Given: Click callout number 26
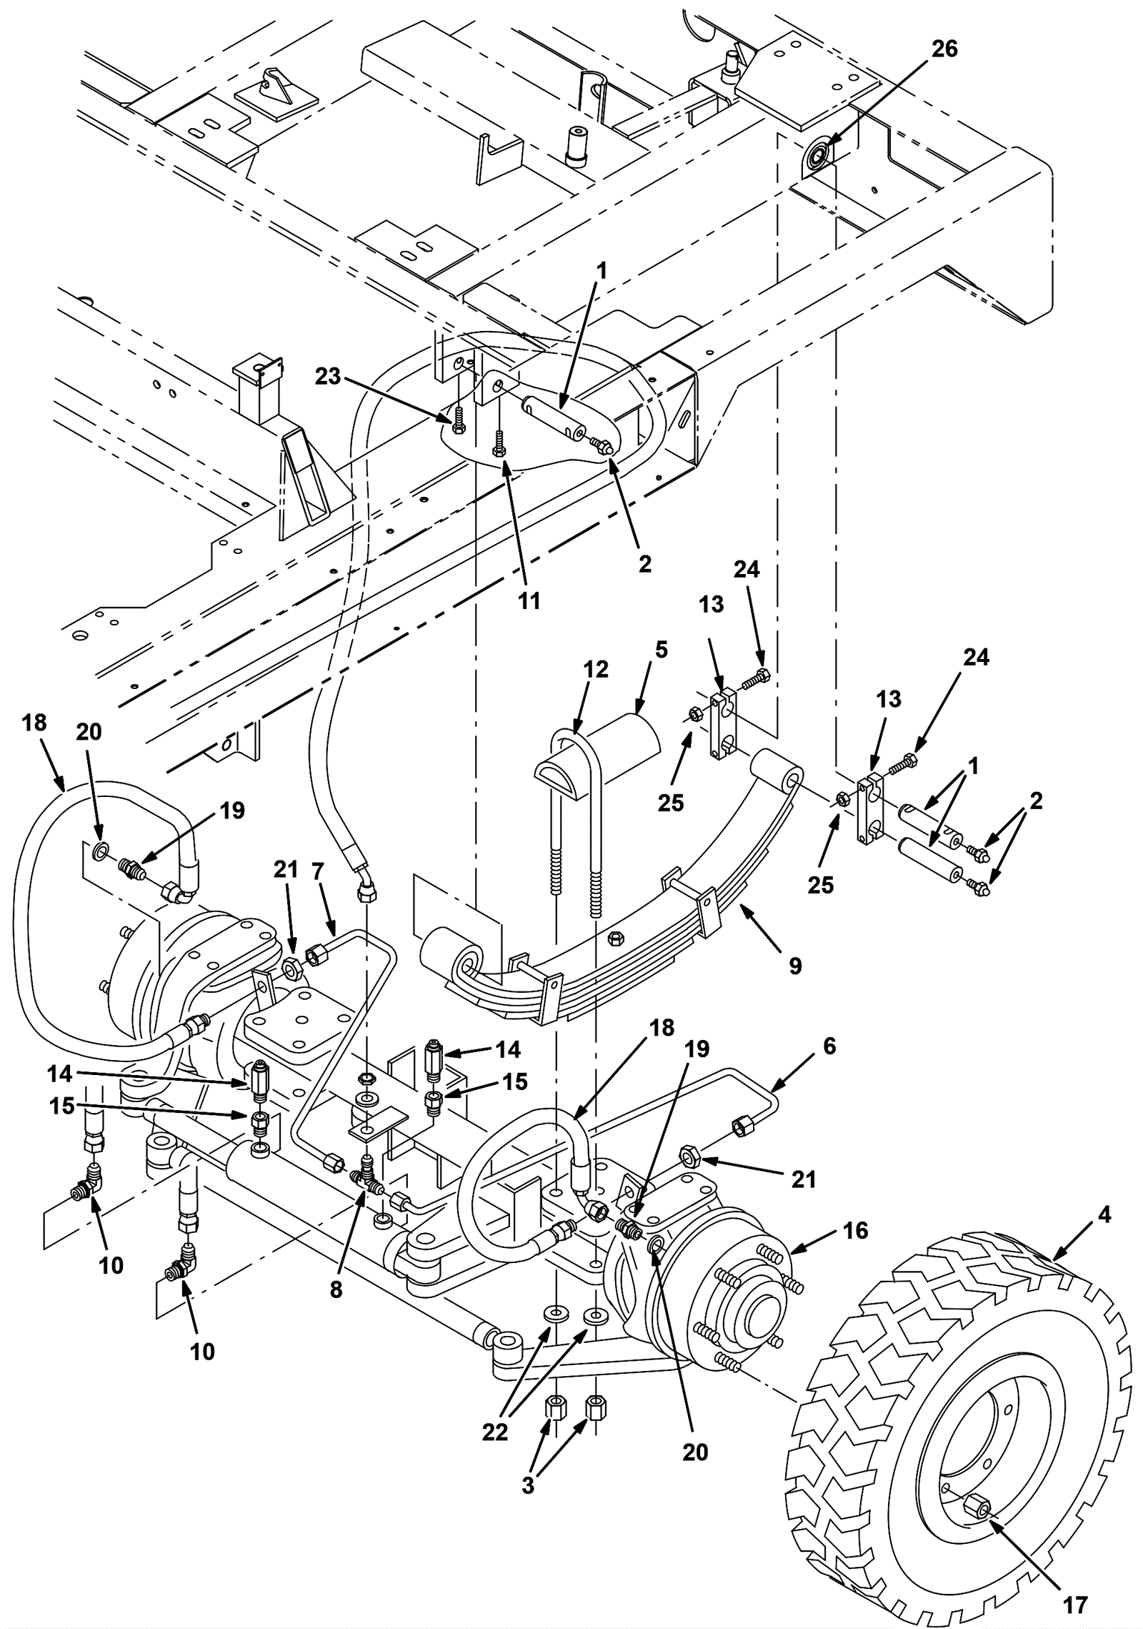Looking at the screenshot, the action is click(x=944, y=49).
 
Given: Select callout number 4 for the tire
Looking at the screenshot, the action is click(x=1104, y=1214).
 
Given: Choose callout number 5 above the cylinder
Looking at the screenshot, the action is click(x=661, y=650).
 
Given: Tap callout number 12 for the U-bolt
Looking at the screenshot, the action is click(x=596, y=670).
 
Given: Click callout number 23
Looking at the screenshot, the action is click(x=328, y=376).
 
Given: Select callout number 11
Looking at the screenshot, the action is click(x=529, y=601).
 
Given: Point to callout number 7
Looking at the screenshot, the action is click(x=318, y=871).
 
